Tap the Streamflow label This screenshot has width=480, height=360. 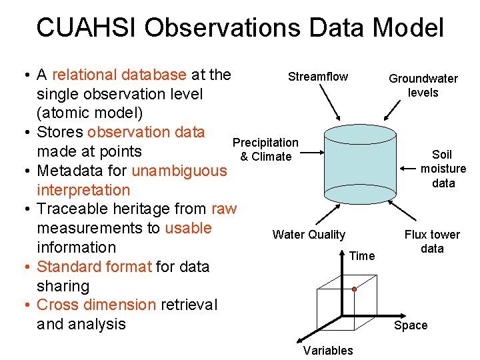point(318,77)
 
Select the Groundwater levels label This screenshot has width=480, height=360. point(423,85)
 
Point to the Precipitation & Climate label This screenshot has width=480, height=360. point(265,149)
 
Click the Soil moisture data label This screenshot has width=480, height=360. point(443,169)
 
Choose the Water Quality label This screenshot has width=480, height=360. point(309,234)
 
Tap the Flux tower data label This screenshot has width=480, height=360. point(432,241)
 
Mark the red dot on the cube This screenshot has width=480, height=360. point(355,290)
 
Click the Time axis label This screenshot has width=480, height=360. point(362,256)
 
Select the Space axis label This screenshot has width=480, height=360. point(411,325)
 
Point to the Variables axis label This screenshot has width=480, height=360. point(328,351)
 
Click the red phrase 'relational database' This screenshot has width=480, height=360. point(119,75)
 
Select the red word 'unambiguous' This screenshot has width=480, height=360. point(179,171)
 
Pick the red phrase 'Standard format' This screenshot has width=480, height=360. point(94,267)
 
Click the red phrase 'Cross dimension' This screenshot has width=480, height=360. point(96,305)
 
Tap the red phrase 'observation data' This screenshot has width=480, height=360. point(145,132)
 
